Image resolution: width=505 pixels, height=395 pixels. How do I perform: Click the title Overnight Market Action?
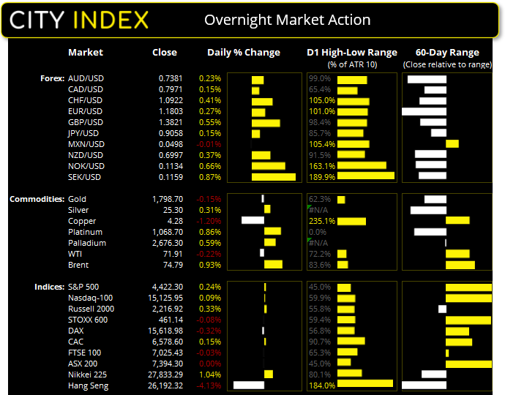click(287, 20)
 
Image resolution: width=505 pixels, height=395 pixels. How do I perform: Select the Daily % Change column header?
click(244, 53)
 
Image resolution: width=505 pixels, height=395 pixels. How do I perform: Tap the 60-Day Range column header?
click(446, 53)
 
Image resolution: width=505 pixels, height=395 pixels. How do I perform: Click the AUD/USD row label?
click(85, 78)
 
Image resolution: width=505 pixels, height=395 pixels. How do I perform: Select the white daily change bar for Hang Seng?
click(248, 385)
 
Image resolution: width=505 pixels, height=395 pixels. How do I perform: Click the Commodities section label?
click(35, 199)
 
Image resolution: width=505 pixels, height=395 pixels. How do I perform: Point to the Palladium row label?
click(86, 243)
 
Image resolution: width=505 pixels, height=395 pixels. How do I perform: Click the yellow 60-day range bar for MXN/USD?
click(452, 144)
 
